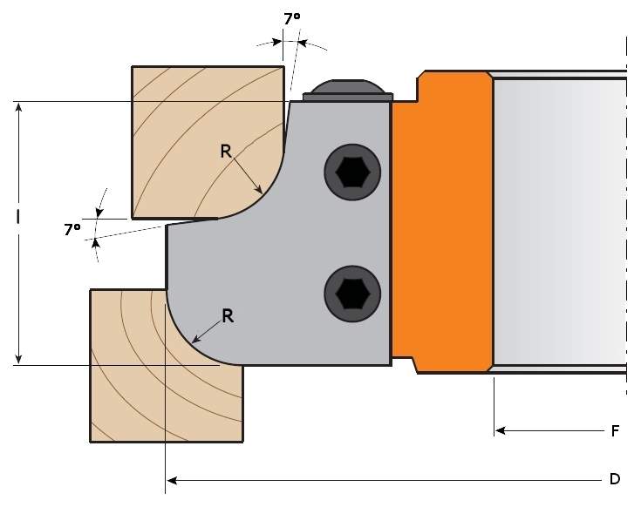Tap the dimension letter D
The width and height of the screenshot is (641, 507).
pyautogui.click(x=614, y=479)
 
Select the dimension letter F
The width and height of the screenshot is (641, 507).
pyautogui.click(x=615, y=429)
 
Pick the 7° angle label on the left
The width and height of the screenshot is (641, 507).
pyautogui.click(x=72, y=229)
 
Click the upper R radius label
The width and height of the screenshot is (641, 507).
pyautogui.click(x=225, y=151)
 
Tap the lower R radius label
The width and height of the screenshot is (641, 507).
pyautogui.click(x=228, y=315)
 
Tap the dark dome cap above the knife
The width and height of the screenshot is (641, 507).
pyautogui.click(x=347, y=88)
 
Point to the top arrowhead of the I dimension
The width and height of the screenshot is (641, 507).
pyautogui.click(x=18, y=107)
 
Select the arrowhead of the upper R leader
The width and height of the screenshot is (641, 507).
pyautogui.click(x=259, y=190)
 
